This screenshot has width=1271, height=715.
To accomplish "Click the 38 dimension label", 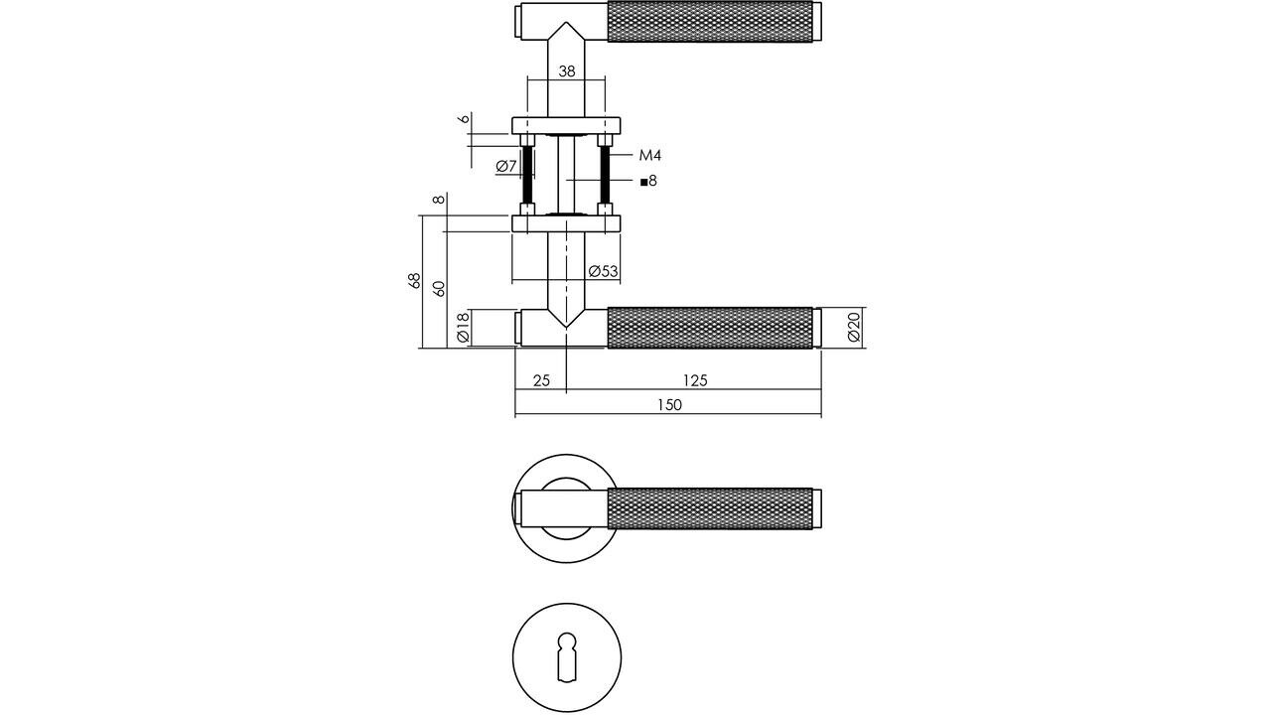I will [566, 71].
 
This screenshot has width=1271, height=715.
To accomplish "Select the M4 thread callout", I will [649, 155].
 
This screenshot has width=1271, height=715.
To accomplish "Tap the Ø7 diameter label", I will [506, 166].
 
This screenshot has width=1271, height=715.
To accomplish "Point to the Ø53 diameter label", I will [603, 271].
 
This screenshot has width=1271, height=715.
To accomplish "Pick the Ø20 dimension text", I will [854, 328].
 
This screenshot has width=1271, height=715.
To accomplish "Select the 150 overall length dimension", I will [669, 404].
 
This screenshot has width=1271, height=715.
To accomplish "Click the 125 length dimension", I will [695, 380].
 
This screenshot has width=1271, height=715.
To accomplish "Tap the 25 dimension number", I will [541, 380].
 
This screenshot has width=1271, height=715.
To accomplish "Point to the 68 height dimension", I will [415, 281].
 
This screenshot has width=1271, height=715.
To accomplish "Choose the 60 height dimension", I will [438, 288].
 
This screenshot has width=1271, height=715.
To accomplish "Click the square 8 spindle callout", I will [648, 181].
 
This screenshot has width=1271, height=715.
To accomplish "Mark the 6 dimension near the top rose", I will [463, 119].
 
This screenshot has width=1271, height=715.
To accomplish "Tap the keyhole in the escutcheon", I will [566, 655].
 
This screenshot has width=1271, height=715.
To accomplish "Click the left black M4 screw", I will [527, 175].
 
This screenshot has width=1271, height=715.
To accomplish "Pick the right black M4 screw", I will [604, 175].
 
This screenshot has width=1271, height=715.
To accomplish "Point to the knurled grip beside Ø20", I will [709, 328].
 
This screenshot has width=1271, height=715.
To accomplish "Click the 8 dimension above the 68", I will [438, 201].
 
